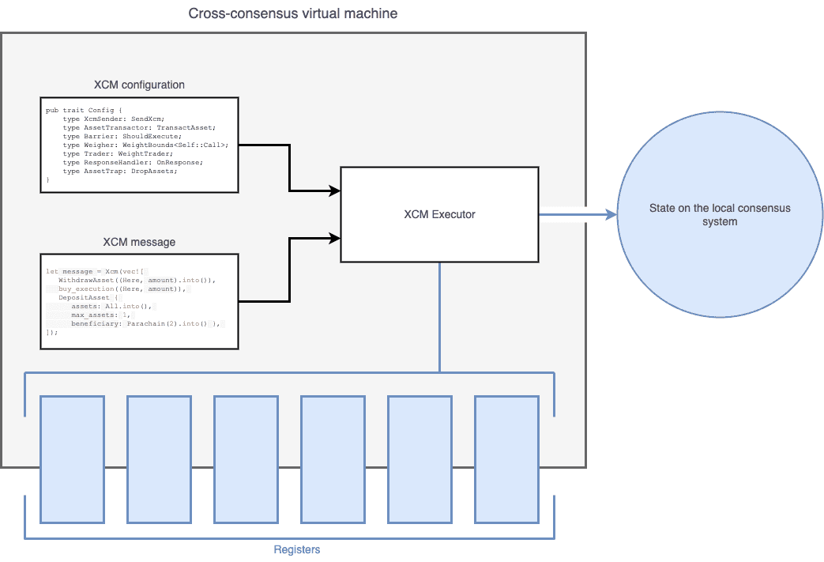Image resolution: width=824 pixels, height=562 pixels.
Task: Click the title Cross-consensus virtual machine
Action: pyautogui.click(x=293, y=14)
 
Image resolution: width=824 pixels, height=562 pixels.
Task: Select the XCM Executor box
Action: pyautogui.click(x=439, y=214)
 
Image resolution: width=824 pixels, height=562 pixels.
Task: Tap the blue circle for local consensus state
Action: pyautogui.click(x=720, y=215)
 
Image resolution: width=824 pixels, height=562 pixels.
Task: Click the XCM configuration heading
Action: pyautogui.click(x=139, y=85)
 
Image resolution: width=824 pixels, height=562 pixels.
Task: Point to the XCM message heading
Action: pyautogui.click(x=139, y=242)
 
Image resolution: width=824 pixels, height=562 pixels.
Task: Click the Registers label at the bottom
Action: pyautogui.click(x=296, y=549)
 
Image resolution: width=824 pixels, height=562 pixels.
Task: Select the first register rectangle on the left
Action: pyautogui.click(x=72, y=459)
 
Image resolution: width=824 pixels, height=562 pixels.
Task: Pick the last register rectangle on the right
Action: pyautogui.click(x=506, y=459)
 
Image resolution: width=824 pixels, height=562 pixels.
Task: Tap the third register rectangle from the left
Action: pyautogui.click(x=246, y=459)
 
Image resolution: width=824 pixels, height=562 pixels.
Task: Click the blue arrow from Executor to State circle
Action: pyautogui.click(x=577, y=214)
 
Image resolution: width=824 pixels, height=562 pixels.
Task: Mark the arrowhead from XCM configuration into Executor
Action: pyautogui.click(x=335, y=191)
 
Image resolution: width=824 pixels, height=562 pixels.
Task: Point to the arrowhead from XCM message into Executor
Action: pyautogui.click(x=335, y=236)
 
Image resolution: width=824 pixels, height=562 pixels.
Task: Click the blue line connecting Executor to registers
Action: pyautogui.click(x=439, y=316)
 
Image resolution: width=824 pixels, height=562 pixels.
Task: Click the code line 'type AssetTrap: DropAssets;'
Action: pyautogui.click(x=120, y=171)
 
